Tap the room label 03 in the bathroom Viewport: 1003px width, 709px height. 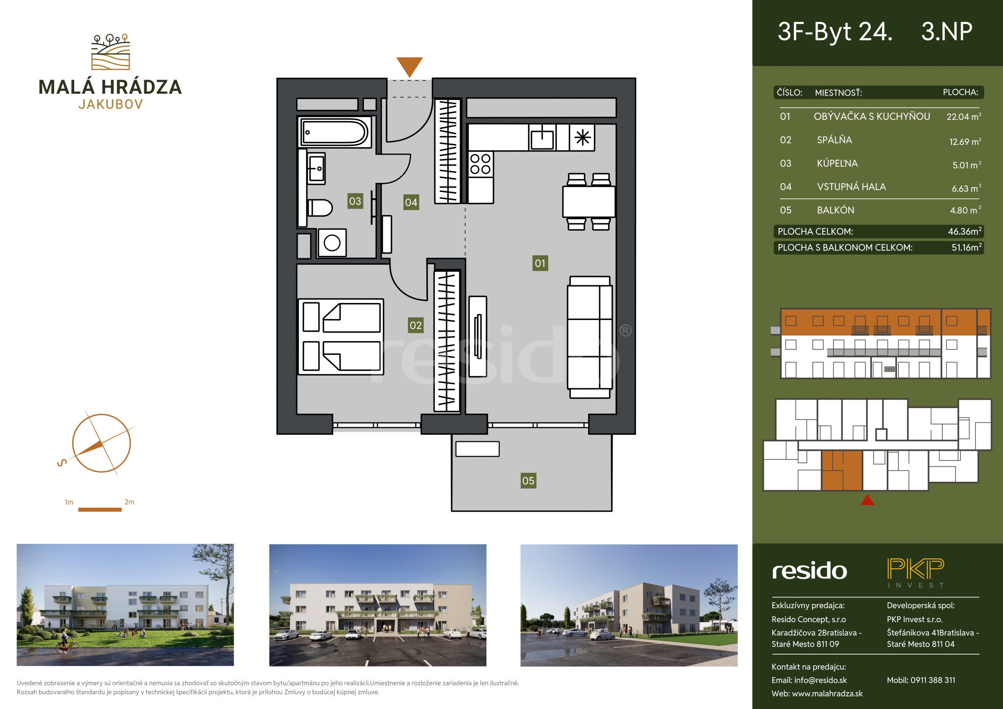pyautogui.click(x=355, y=201)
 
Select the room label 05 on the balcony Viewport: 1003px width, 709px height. pyautogui.click(x=528, y=481)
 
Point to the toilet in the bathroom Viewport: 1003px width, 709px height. pyautogui.click(x=320, y=208)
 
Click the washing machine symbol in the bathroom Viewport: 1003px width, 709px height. pyautogui.click(x=332, y=243)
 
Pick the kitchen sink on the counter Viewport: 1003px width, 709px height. pyautogui.click(x=542, y=137)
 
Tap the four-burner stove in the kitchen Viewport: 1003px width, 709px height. pyautogui.click(x=480, y=164)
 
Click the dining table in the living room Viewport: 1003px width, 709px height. pyautogui.click(x=589, y=201)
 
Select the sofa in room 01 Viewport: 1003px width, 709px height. pyautogui.click(x=590, y=337)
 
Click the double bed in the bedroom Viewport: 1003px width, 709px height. pyautogui.click(x=341, y=337)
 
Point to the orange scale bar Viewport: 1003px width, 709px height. pyautogui.click(x=99, y=509)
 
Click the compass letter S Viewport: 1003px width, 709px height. pyautogui.click(x=62, y=462)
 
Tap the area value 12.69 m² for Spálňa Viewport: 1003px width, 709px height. pyautogui.click(x=965, y=142)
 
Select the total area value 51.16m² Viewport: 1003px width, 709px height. pyautogui.click(x=966, y=247)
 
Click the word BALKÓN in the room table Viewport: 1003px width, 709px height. pyautogui.click(x=835, y=210)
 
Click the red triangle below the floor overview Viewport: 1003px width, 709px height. pyautogui.click(x=867, y=500)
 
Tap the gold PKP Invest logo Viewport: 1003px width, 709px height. pyautogui.click(x=916, y=573)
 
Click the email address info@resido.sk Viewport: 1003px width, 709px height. pyautogui.click(x=820, y=680)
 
